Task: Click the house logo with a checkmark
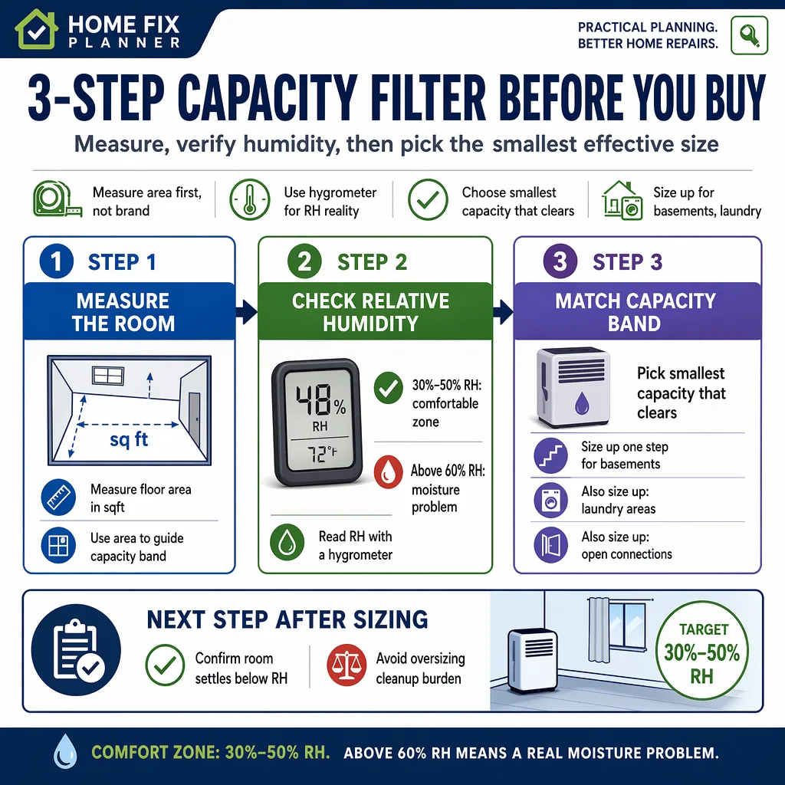[35, 30]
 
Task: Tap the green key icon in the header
[749, 35]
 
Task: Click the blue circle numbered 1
[57, 261]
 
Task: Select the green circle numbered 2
[304, 261]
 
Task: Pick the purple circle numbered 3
[560, 261]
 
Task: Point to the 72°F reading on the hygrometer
[321, 455]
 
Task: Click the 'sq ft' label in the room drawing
[129, 439]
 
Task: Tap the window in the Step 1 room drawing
[107, 375]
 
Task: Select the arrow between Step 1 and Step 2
[246, 311]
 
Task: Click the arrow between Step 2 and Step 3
[503, 311]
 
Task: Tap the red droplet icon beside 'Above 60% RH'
[388, 471]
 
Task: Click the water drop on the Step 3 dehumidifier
[582, 402]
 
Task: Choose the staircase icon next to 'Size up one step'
[550, 455]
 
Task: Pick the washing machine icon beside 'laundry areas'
[550, 500]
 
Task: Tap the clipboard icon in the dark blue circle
[76, 650]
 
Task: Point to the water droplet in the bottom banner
[66, 751]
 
